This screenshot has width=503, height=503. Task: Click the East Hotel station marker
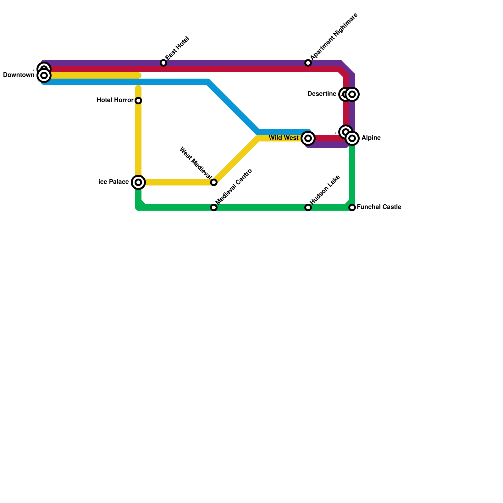pos(163,63)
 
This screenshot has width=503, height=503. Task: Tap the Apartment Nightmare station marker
pos(308,63)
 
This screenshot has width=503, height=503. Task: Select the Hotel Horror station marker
pos(138,101)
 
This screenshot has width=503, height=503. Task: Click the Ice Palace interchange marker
pos(138,182)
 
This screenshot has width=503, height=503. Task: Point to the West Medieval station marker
pos(214,182)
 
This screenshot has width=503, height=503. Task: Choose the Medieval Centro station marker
pos(214,207)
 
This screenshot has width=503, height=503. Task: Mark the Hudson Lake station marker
pos(308,207)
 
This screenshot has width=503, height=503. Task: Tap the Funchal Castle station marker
pos(352,207)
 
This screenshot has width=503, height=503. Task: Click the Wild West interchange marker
pos(308,138)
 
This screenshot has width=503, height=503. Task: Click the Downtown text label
pos(19,75)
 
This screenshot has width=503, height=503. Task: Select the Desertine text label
pos(322,94)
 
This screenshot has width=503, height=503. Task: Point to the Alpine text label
pos(371,138)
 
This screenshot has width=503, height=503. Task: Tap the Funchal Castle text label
pos(379,207)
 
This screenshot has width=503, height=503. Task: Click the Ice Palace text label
pos(113,182)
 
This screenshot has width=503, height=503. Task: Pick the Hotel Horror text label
pos(115,100)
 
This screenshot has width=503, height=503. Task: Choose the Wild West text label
pos(284,138)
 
